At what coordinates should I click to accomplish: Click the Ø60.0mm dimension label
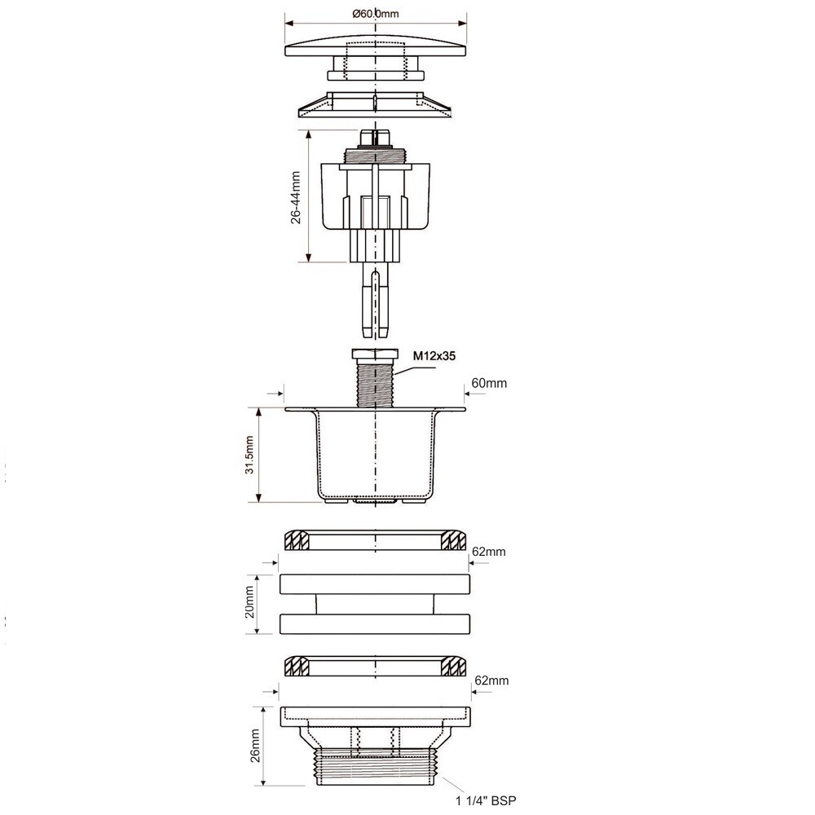pyautogui.click(x=375, y=14)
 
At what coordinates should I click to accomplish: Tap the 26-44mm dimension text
pyautogui.click(x=296, y=197)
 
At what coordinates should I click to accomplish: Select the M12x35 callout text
pyautogui.click(x=434, y=356)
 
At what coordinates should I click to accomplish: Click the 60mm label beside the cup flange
pyautogui.click(x=488, y=383)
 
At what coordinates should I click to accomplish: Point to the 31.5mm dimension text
pyautogui.click(x=249, y=455)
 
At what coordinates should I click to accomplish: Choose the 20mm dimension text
pyautogui.click(x=249, y=602)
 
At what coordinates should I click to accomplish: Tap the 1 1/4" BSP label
pyautogui.click(x=486, y=801)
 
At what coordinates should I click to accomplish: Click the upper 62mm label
pyautogui.click(x=488, y=552)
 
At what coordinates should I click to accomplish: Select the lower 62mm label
pyautogui.click(x=491, y=681)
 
